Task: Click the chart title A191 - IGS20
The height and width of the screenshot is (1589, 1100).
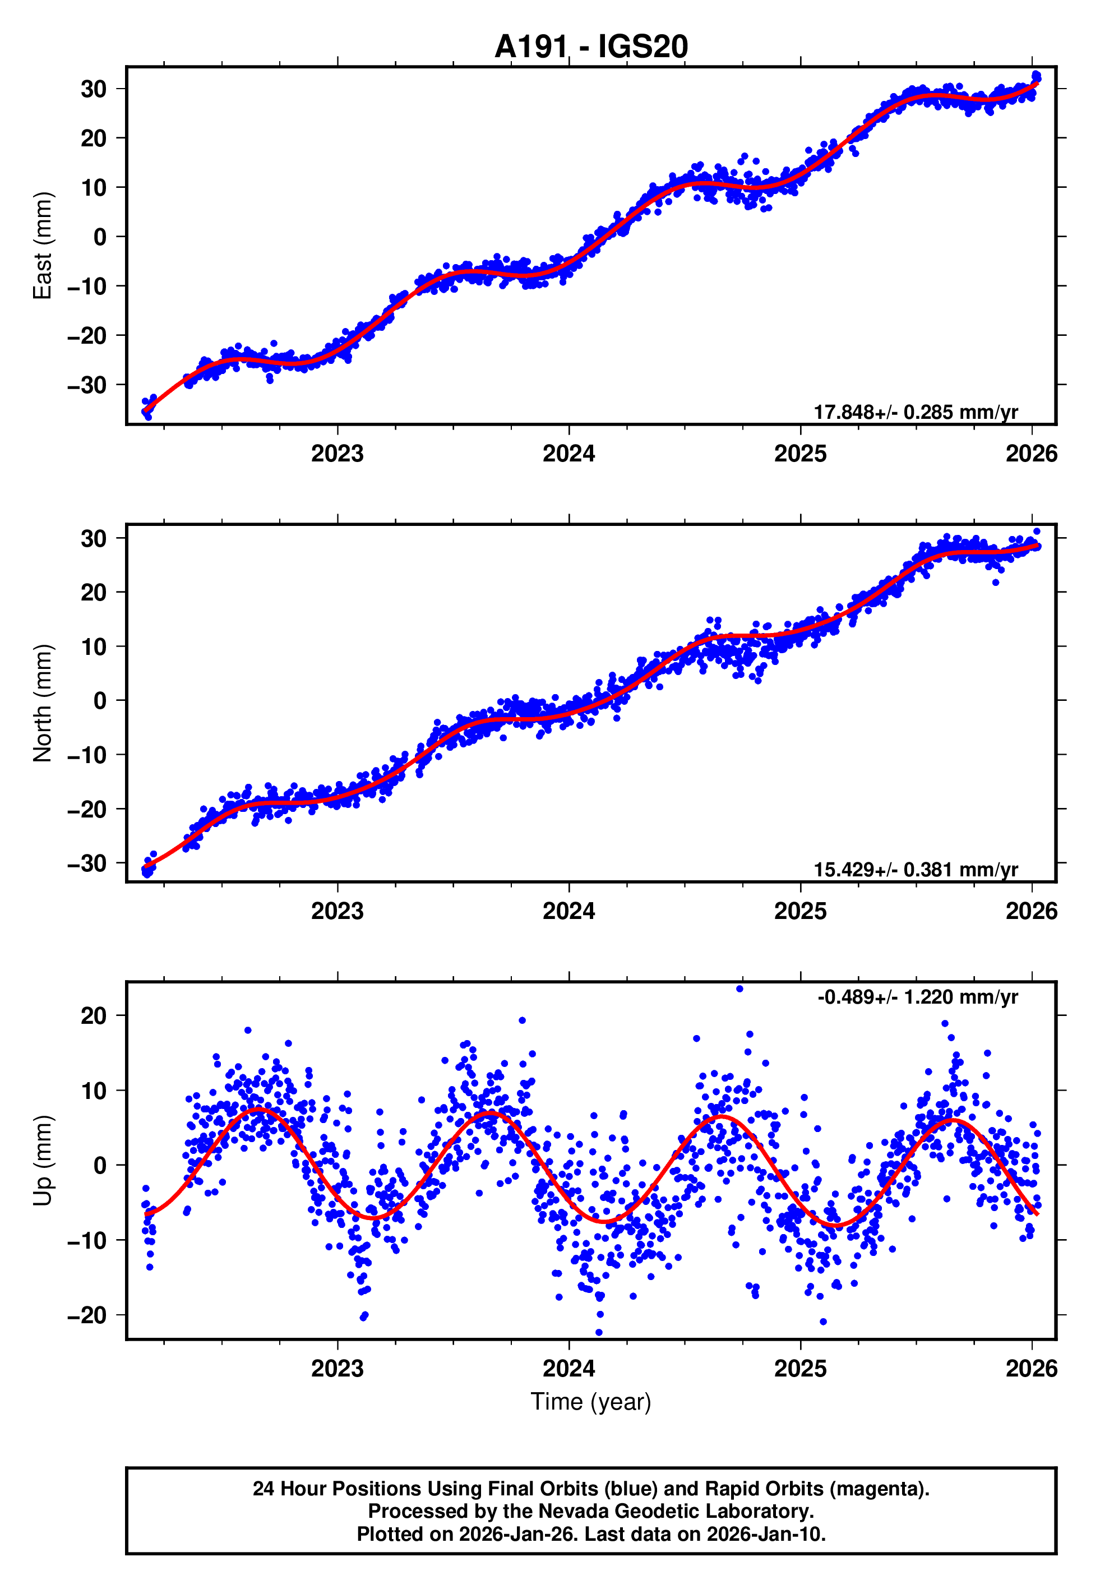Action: (x=591, y=47)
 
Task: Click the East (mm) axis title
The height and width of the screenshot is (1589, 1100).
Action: (x=43, y=246)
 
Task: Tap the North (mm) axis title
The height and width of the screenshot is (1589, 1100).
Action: (x=43, y=703)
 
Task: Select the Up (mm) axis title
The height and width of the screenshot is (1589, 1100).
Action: (x=43, y=1161)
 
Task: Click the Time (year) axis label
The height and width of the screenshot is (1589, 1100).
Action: (x=591, y=1402)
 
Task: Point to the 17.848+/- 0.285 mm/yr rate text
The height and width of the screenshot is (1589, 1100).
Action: (x=916, y=412)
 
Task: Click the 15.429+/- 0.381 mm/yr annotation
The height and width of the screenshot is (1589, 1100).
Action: (x=916, y=870)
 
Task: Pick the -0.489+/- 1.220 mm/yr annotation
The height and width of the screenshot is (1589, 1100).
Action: (x=917, y=997)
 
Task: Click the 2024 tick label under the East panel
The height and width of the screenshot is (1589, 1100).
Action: (x=569, y=454)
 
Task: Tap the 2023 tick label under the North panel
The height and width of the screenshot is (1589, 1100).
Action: (x=337, y=911)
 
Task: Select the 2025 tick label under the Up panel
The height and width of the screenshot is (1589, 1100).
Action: (x=800, y=1368)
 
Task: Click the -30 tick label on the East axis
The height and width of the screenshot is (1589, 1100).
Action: (x=87, y=385)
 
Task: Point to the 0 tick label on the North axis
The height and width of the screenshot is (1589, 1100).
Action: (x=100, y=701)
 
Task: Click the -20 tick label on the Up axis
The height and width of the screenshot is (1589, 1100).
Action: (x=87, y=1315)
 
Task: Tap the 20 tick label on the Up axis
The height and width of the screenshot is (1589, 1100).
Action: (x=94, y=1015)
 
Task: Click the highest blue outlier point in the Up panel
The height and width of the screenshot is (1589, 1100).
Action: (x=740, y=989)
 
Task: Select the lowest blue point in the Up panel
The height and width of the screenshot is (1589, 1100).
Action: (x=598, y=1333)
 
